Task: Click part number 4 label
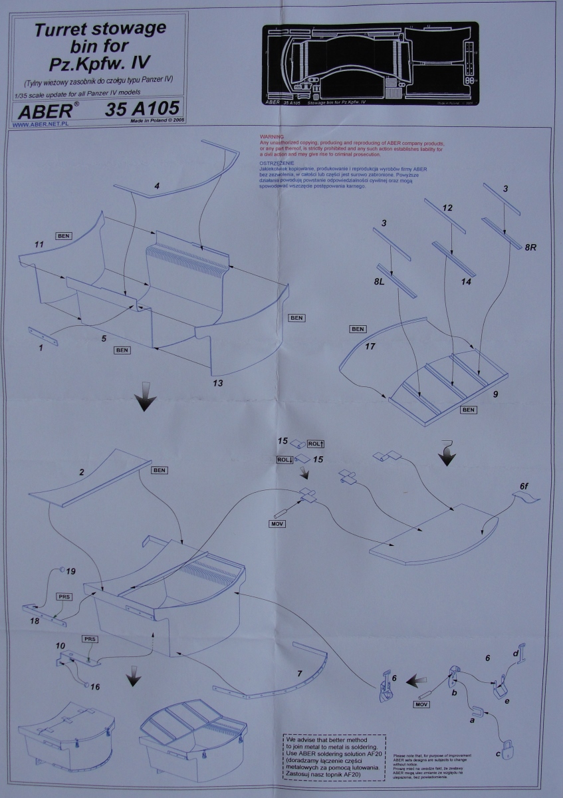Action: (156, 186)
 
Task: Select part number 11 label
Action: (39, 245)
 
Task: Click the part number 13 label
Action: (217, 383)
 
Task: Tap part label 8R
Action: (530, 247)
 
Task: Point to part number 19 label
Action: (70, 571)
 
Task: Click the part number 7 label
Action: (300, 674)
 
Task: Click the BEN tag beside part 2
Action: (160, 470)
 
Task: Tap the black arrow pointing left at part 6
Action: (417, 680)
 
